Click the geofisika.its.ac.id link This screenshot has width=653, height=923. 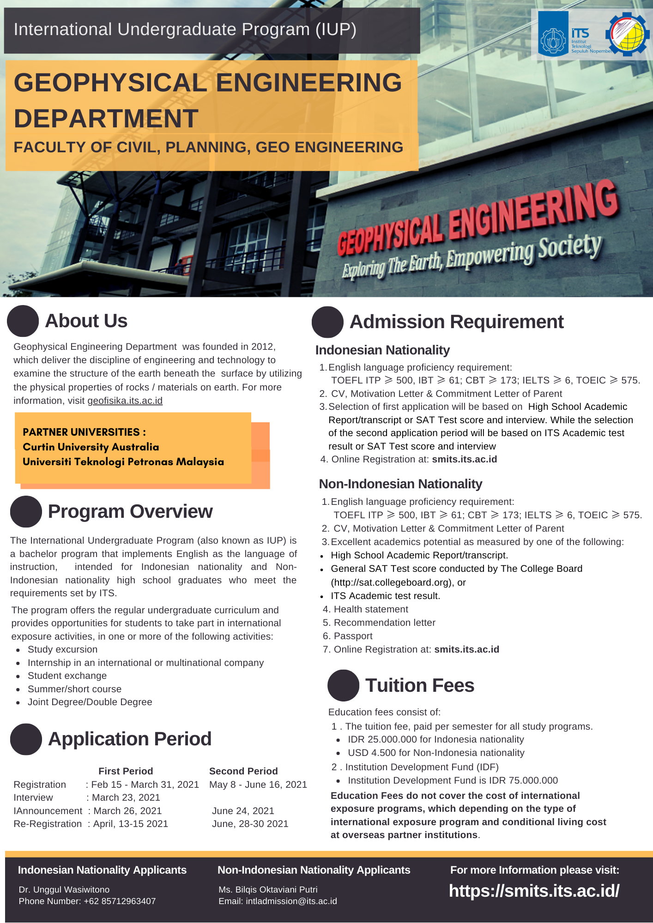[125, 401]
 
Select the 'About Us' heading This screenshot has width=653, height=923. [86, 321]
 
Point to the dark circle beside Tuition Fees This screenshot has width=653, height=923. [343, 685]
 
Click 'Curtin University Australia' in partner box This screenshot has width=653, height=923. [91, 447]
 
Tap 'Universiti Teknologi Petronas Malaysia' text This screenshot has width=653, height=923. [123, 461]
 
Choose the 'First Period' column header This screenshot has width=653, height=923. [126, 771]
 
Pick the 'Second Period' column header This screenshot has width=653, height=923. [243, 771]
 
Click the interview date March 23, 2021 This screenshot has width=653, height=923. [126, 797]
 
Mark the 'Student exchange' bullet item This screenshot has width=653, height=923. [67, 676]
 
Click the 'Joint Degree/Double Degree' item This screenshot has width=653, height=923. [90, 702]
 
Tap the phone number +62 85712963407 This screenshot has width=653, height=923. [120, 901]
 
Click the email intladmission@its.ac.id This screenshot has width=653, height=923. [291, 901]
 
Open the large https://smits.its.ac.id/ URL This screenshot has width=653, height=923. [534, 891]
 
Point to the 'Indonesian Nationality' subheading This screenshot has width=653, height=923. [382, 350]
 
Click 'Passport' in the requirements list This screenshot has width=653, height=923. [353, 636]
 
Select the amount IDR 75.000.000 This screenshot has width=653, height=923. [533, 780]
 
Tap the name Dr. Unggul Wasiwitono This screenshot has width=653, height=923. [64, 889]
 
